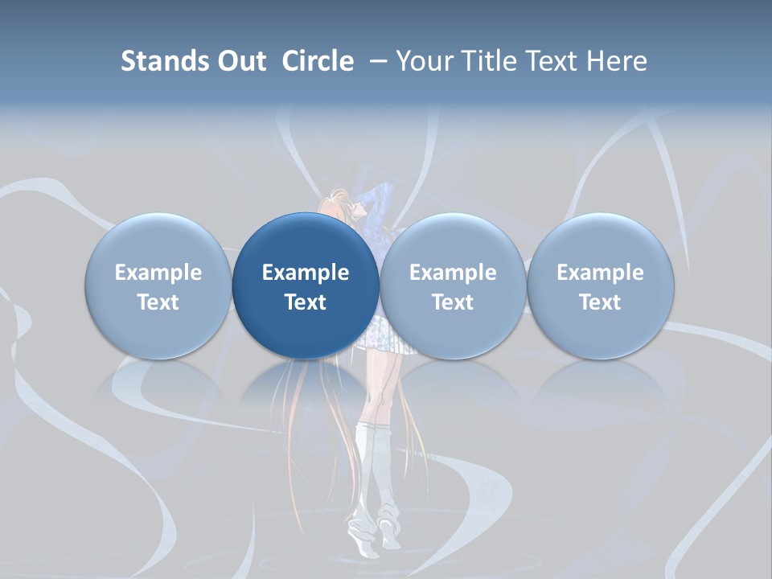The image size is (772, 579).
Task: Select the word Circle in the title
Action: [x=318, y=61]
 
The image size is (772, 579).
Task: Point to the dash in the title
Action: [x=376, y=61]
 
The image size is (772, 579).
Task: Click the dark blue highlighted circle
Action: [x=306, y=286]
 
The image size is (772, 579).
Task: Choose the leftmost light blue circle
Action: [x=158, y=286]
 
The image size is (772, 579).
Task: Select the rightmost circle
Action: [x=600, y=286]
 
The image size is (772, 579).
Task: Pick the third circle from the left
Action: [x=453, y=286]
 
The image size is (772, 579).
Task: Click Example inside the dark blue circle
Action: [x=306, y=273]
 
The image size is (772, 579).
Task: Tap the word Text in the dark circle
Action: [x=306, y=302]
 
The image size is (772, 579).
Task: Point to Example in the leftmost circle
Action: [x=158, y=273]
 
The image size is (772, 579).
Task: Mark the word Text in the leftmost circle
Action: [x=158, y=302]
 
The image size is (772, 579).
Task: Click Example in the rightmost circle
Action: [x=600, y=273]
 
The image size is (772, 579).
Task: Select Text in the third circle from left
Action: [x=453, y=302]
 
